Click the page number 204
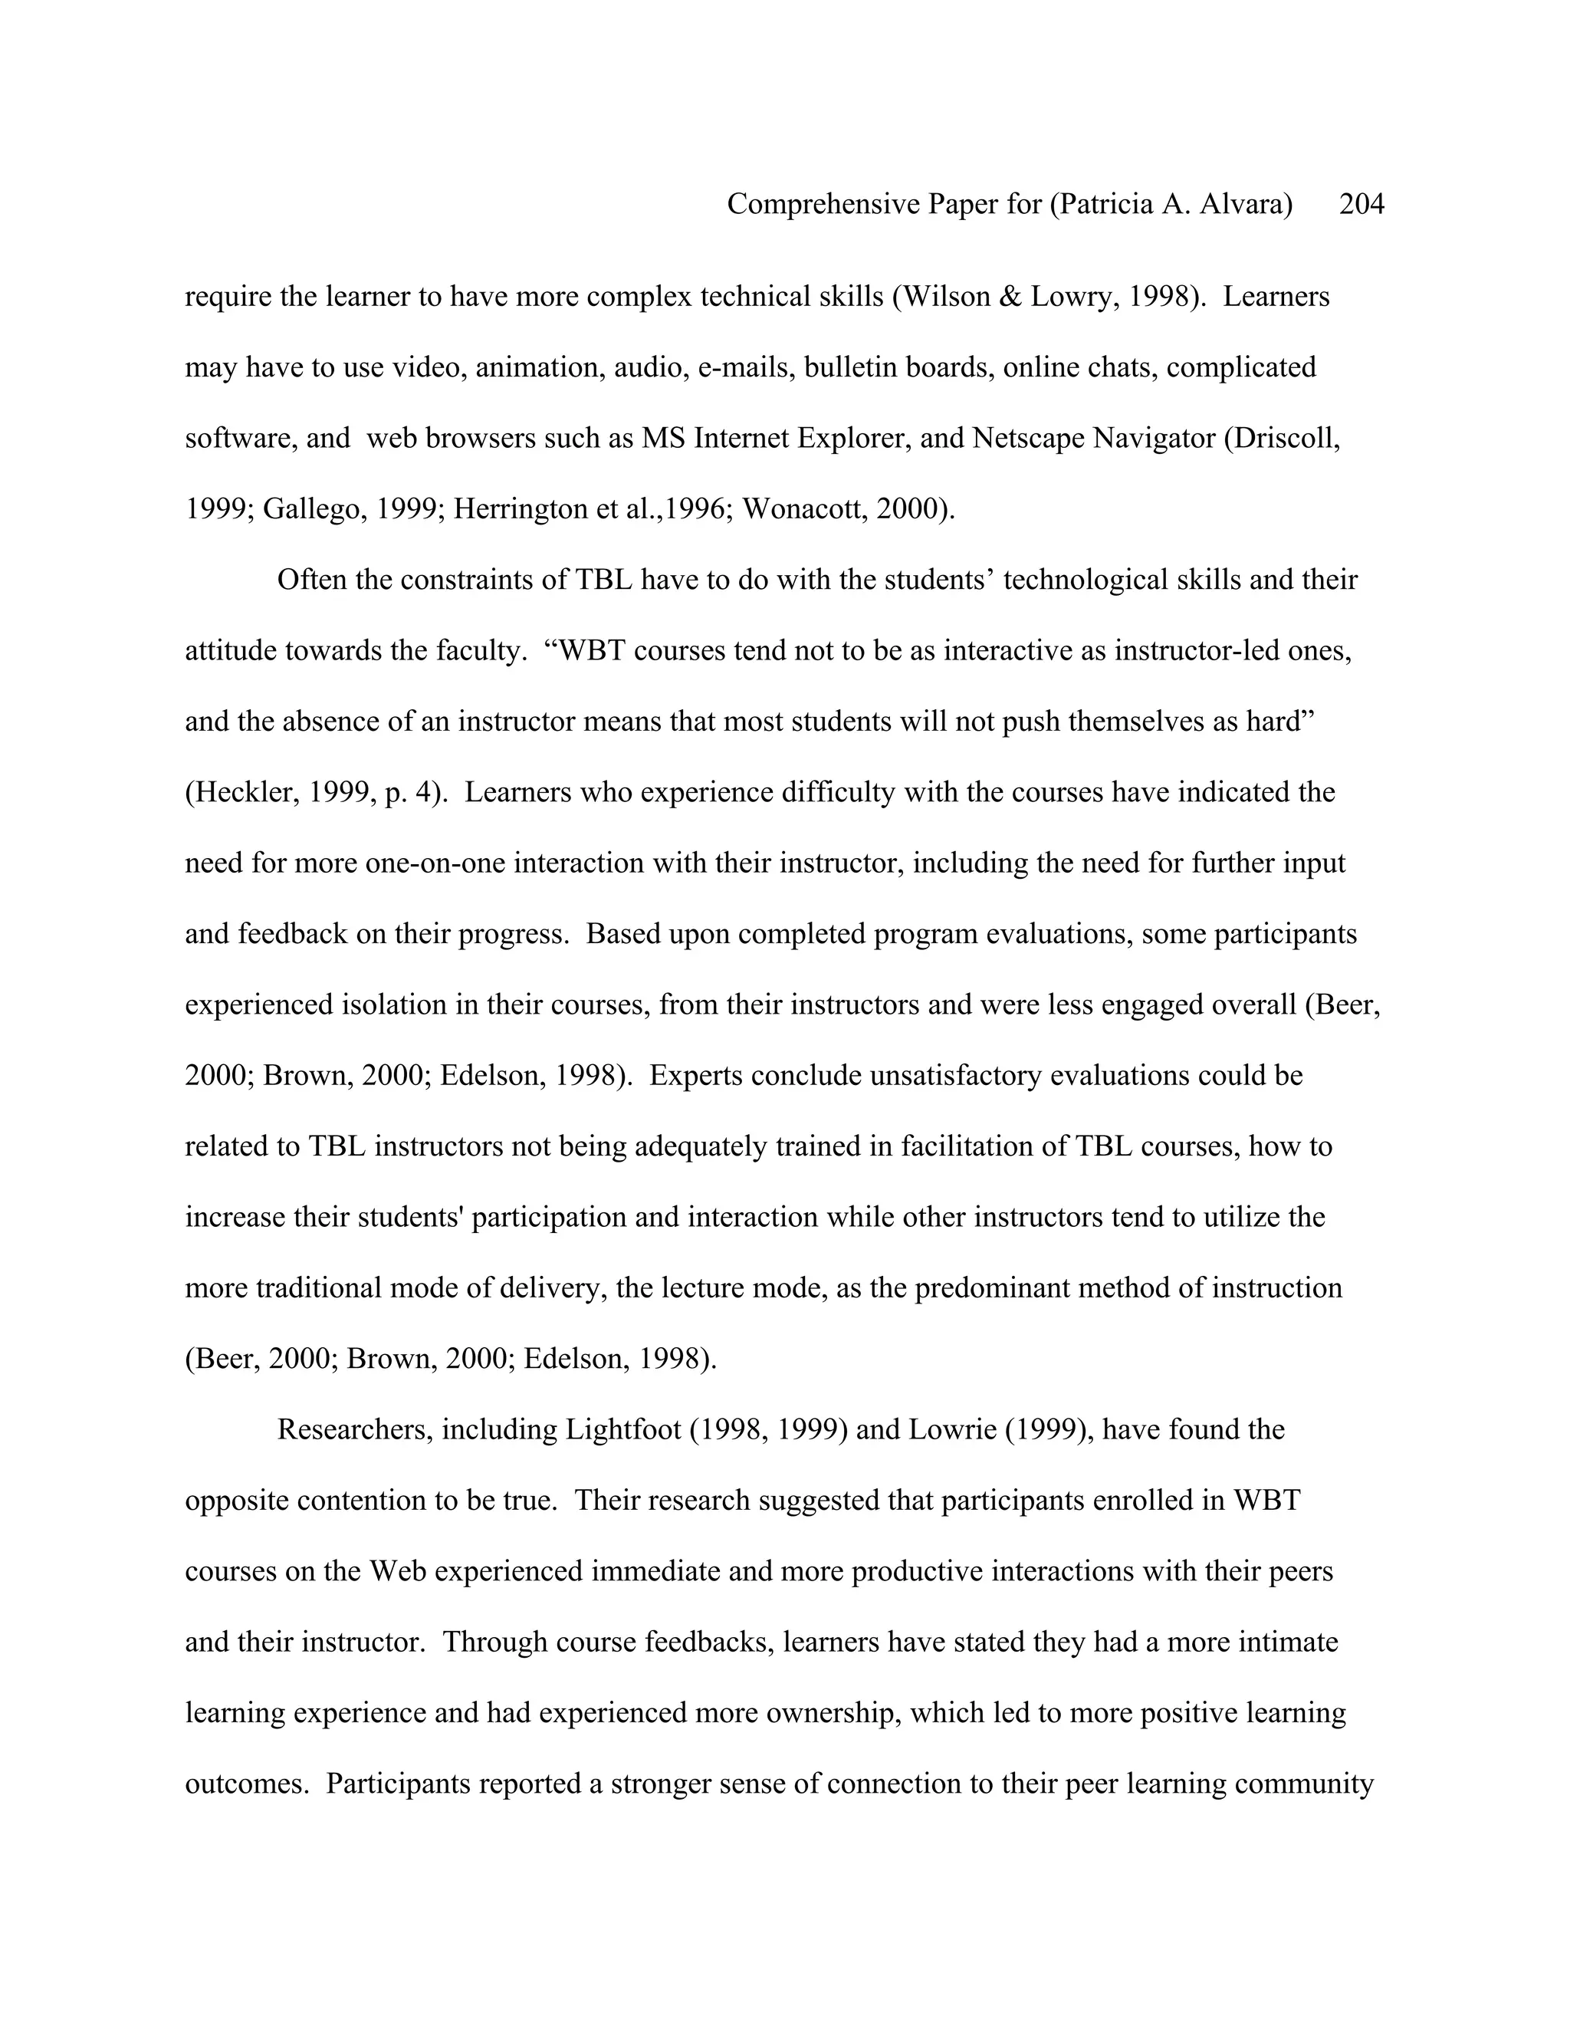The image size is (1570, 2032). click(1361, 204)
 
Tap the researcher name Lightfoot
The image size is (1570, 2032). click(623, 1430)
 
